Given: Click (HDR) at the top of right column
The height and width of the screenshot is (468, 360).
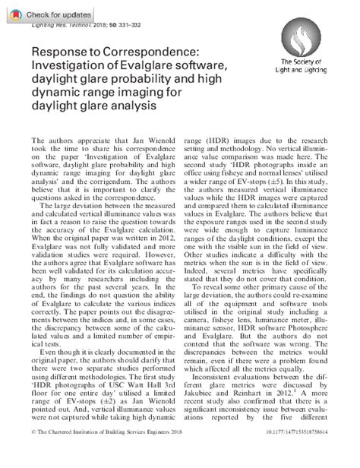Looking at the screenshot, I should click(233, 141).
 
